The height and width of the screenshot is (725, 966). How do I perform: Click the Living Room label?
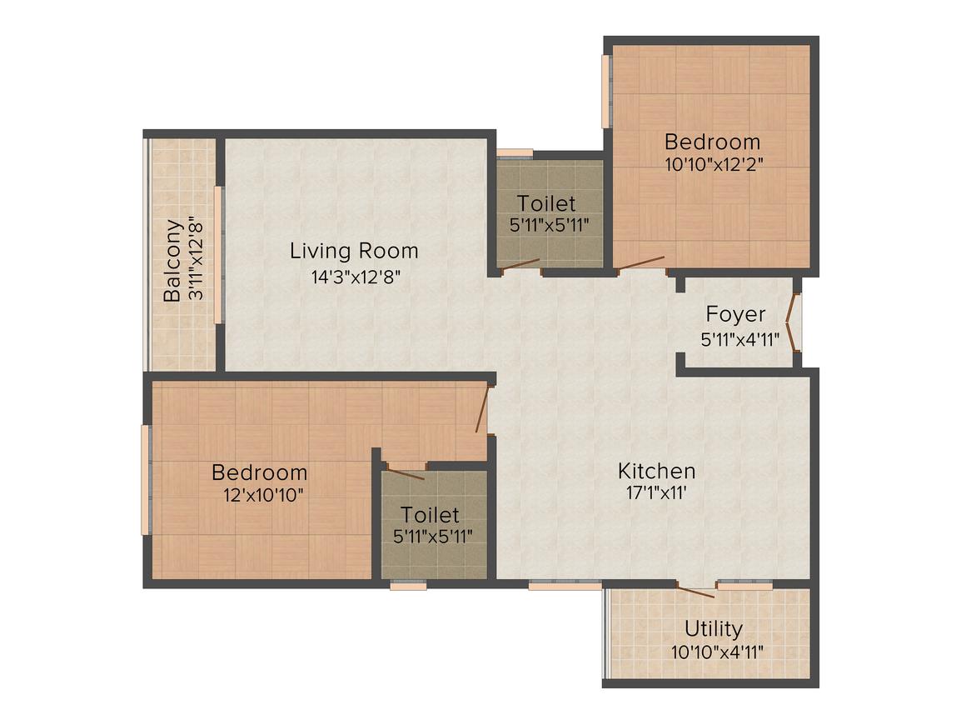(354, 251)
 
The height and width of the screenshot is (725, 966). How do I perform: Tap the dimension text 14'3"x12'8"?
(356, 277)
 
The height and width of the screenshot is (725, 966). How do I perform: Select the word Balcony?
(172, 261)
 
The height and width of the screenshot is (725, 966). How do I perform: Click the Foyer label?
(735, 315)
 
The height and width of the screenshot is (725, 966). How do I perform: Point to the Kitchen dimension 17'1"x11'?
(656, 492)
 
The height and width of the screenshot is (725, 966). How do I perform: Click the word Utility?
(714, 628)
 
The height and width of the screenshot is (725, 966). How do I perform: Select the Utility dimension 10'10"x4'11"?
(717, 652)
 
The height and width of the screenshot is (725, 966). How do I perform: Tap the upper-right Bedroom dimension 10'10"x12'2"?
(714, 164)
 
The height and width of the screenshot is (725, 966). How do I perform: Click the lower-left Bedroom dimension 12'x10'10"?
(263, 494)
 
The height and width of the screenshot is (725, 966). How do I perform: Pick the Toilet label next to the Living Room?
(545, 203)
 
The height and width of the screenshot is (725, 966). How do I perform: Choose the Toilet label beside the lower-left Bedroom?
(430, 514)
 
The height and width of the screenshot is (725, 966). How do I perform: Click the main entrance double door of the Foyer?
(796, 322)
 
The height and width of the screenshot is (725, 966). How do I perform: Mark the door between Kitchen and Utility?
(695, 591)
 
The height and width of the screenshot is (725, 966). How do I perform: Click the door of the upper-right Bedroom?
(640, 263)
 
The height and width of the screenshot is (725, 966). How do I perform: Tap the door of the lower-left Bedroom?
(482, 410)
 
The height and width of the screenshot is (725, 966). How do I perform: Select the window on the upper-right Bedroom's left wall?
(606, 92)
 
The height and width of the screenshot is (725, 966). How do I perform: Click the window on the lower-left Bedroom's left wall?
(145, 480)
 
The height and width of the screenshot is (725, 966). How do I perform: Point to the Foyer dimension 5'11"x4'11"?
(739, 339)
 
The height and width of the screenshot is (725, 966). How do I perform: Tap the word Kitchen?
(656, 471)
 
